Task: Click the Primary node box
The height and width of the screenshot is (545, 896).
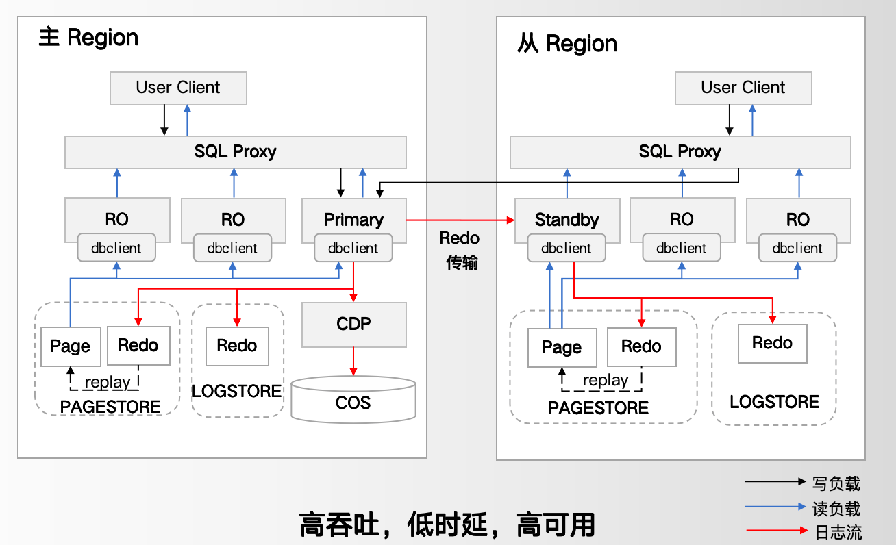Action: (x=353, y=219)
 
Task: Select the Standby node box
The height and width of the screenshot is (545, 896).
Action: (x=567, y=219)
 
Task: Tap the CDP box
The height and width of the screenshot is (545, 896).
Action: (x=353, y=324)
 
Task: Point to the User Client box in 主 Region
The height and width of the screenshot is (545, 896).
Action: (x=178, y=88)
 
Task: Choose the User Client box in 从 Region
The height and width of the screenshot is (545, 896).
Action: (x=743, y=88)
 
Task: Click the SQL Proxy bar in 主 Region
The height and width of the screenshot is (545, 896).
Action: (x=235, y=152)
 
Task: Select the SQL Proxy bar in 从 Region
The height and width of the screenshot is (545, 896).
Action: (x=680, y=152)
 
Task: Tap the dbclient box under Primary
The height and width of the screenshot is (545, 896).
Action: (x=353, y=248)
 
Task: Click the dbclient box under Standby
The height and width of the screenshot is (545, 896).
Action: (x=567, y=248)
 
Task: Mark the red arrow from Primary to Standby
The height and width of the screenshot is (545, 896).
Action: (x=460, y=220)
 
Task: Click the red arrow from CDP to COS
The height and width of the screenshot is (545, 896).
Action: (x=353, y=361)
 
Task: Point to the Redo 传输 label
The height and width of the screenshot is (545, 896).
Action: (x=460, y=250)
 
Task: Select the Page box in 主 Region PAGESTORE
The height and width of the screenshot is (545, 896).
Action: (x=70, y=346)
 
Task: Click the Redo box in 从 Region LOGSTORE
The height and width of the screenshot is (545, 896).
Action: (x=772, y=343)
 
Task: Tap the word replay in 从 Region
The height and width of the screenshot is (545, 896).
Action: (x=605, y=380)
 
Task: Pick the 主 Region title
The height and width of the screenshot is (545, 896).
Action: (x=88, y=37)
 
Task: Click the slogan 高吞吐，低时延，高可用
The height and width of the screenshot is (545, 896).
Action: (x=447, y=524)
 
